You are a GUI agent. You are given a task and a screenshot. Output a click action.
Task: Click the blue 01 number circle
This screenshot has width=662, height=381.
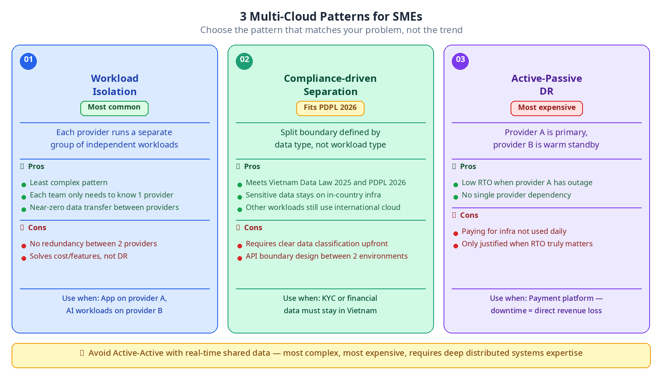click(x=29, y=62)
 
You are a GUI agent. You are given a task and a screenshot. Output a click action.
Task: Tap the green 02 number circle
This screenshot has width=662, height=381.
click(x=245, y=62)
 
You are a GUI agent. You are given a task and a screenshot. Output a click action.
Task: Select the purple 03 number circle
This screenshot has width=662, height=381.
click(x=461, y=62)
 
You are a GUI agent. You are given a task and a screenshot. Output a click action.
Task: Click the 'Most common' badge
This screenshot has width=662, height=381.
click(x=114, y=108)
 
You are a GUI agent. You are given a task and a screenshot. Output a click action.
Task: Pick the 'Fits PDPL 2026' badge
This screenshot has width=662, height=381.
click(x=331, y=108)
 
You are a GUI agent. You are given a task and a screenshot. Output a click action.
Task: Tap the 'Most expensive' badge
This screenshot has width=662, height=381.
click(x=547, y=108)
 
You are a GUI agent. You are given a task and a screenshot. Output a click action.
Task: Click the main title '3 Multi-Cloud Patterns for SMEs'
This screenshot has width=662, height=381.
click(x=331, y=17)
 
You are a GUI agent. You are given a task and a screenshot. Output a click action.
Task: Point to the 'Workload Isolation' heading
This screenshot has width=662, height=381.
click(x=115, y=85)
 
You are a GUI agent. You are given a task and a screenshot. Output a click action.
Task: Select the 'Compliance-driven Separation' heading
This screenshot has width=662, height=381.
click(x=331, y=85)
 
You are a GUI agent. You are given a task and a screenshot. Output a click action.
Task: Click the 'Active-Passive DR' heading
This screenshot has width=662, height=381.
click(x=547, y=85)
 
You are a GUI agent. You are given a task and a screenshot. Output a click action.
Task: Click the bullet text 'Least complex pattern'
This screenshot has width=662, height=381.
click(x=69, y=183)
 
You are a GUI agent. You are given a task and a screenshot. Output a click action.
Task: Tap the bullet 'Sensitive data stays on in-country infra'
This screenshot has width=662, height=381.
click(x=313, y=195)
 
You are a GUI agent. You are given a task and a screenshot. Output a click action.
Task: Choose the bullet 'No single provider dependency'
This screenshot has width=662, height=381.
click(x=516, y=195)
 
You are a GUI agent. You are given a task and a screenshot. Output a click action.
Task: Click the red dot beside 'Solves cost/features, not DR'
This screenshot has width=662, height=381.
click(x=24, y=259)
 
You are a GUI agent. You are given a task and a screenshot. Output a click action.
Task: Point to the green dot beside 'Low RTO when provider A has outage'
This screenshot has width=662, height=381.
click(x=456, y=185)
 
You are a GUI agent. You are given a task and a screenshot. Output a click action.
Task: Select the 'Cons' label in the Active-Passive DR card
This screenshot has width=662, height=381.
click(x=469, y=215)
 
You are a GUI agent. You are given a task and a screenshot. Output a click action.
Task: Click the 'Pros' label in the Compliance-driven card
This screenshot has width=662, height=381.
click(x=252, y=167)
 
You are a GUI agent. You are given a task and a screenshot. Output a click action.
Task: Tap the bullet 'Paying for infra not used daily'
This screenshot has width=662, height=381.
click(x=514, y=231)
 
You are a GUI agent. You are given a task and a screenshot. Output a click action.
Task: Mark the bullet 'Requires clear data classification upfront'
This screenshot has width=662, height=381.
click(x=317, y=244)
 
